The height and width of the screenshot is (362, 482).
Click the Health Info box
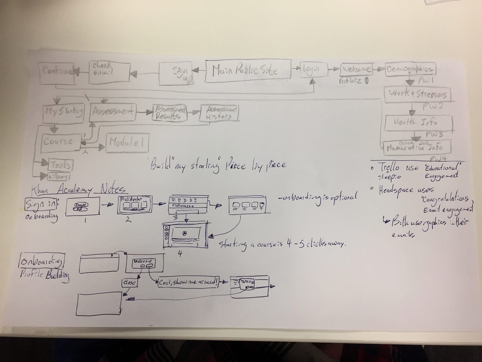click(419, 123)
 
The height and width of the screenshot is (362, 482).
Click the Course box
click(58, 141)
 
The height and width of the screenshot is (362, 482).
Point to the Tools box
click(61, 165)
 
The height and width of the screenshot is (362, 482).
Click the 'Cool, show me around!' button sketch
click(188, 282)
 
